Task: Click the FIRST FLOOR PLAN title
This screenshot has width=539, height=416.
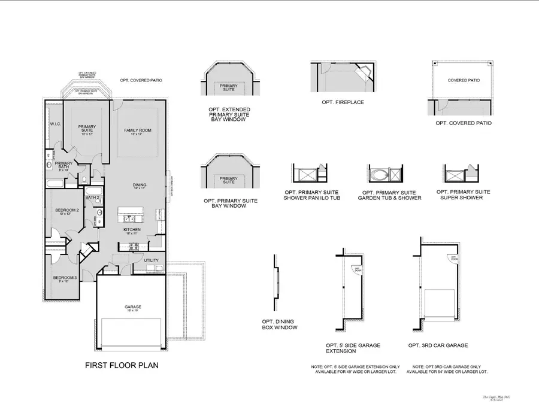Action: [x=122, y=365]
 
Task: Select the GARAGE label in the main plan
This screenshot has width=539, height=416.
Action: [x=134, y=307]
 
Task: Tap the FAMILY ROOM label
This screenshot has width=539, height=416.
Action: [x=138, y=132]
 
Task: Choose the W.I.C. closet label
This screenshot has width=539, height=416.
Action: [x=55, y=124]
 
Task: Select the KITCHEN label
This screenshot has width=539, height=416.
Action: [x=132, y=230]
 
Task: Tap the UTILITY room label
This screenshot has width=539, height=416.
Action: [x=151, y=260]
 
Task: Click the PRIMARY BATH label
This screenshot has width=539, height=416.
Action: [x=63, y=165]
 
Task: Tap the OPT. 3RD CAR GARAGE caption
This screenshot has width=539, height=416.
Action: [x=438, y=345]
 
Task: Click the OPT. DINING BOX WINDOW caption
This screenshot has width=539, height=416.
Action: [x=279, y=325]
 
